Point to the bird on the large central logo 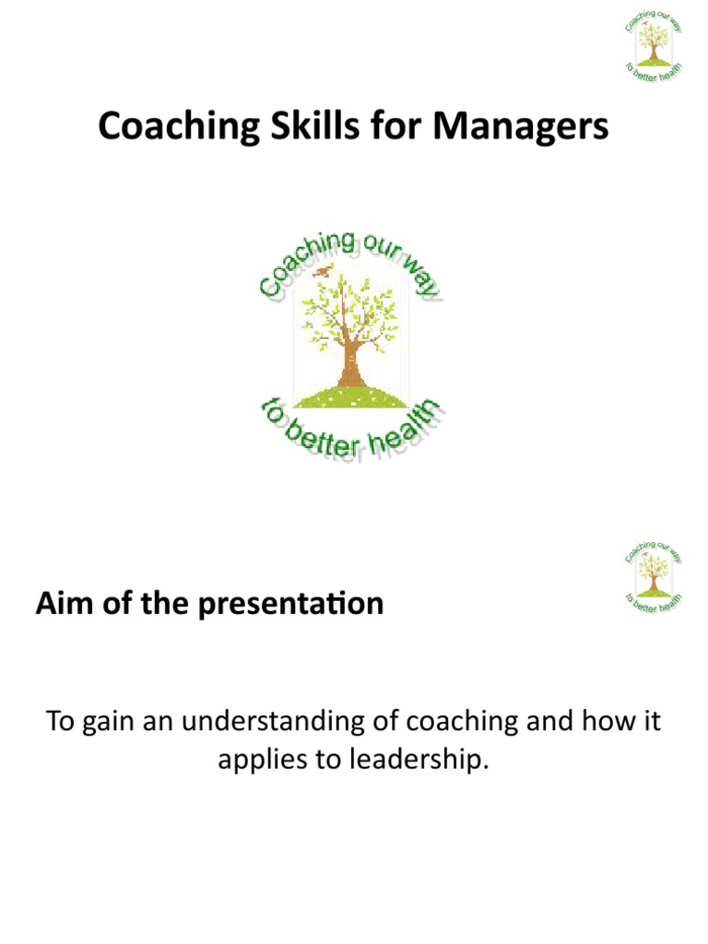321,271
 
